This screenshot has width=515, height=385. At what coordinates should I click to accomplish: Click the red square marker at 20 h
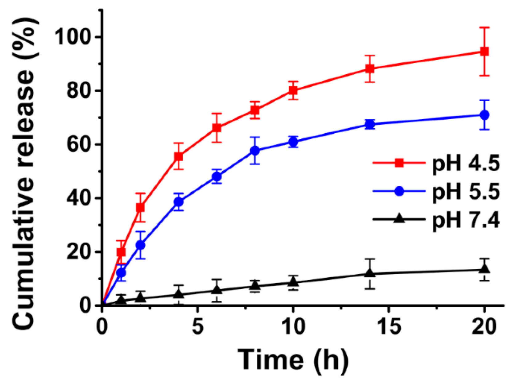(x=484, y=52)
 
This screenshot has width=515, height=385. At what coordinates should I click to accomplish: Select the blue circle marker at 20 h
(x=484, y=115)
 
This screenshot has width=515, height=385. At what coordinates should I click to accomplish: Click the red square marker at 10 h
(x=293, y=90)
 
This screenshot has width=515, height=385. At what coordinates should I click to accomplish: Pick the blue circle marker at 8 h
(x=255, y=151)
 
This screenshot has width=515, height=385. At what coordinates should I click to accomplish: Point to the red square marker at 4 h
(x=179, y=156)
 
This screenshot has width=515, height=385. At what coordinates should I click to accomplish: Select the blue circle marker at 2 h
(x=140, y=245)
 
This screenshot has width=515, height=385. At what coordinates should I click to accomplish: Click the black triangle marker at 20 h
(x=484, y=269)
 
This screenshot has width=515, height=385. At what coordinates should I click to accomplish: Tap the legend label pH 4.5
(x=466, y=163)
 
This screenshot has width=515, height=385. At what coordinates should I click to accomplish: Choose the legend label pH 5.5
(x=466, y=192)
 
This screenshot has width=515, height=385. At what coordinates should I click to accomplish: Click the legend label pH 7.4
(x=466, y=220)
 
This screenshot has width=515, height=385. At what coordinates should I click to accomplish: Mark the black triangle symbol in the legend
(x=400, y=219)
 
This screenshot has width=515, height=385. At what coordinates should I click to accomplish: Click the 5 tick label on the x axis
(x=198, y=326)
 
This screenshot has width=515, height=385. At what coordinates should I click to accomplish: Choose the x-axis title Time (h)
(x=293, y=360)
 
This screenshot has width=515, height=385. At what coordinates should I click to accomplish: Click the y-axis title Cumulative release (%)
(x=23, y=173)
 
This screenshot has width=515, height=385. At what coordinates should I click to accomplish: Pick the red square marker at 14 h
(x=370, y=68)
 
